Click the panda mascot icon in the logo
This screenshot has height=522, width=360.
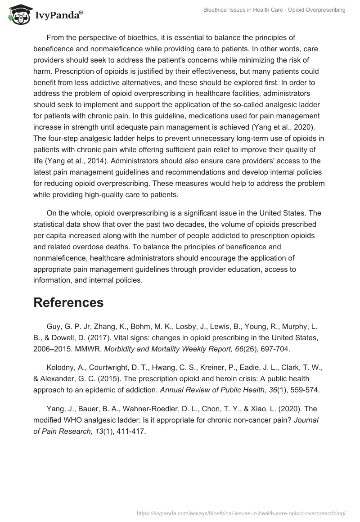pos(18,15)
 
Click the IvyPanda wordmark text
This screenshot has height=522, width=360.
pos(58,16)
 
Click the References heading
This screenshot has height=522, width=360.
pos(68,302)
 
